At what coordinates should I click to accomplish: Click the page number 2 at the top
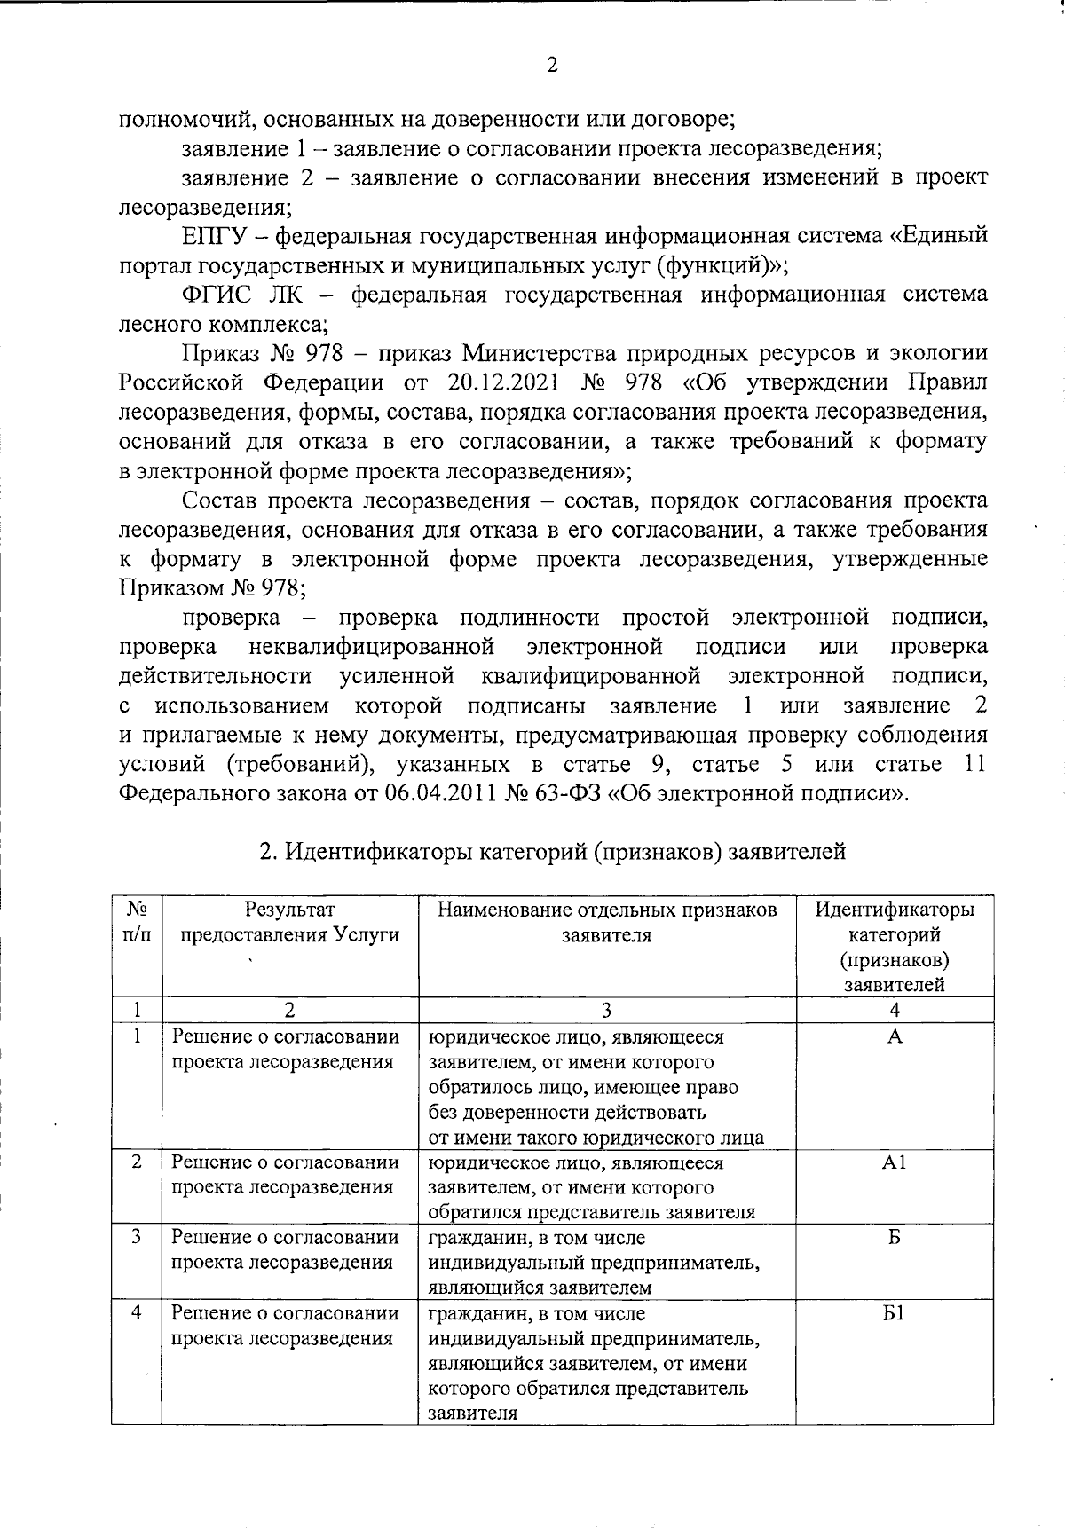click(551, 66)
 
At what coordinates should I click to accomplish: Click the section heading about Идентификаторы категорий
click(551, 852)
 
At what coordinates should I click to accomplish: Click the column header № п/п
click(137, 922)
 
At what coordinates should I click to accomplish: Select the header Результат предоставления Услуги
click(289, 922)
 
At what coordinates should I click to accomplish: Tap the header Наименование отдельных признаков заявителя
click(607, 922)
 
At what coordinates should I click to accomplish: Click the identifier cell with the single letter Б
click(894, 1237)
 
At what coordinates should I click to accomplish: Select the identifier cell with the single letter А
click(894, 1036)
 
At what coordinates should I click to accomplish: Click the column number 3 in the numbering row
click(607, 1010)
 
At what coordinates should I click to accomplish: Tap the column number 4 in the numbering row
click(894, 1010)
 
